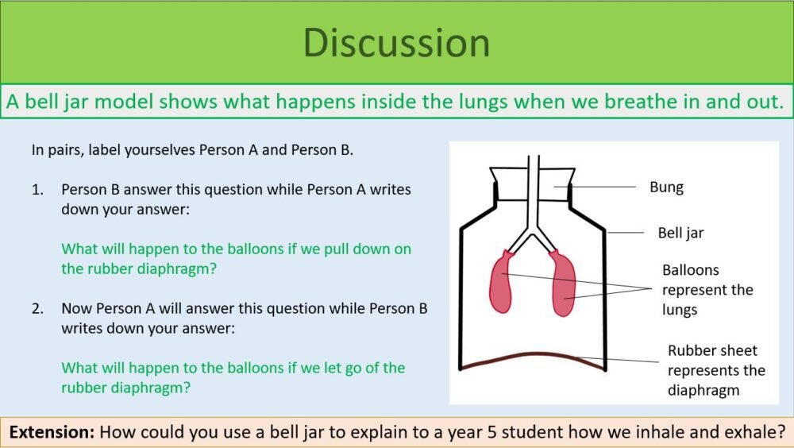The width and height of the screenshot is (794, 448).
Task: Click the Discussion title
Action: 396,42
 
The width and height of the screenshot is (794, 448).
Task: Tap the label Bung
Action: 666,187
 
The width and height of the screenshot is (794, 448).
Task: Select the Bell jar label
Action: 680,233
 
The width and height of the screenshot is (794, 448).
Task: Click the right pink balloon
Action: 564,284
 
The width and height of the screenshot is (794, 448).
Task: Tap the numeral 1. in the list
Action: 37,191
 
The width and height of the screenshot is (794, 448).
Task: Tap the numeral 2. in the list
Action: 37,308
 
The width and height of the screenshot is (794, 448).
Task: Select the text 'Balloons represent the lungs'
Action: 707,290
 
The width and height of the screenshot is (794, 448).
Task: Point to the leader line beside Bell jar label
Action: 626,233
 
